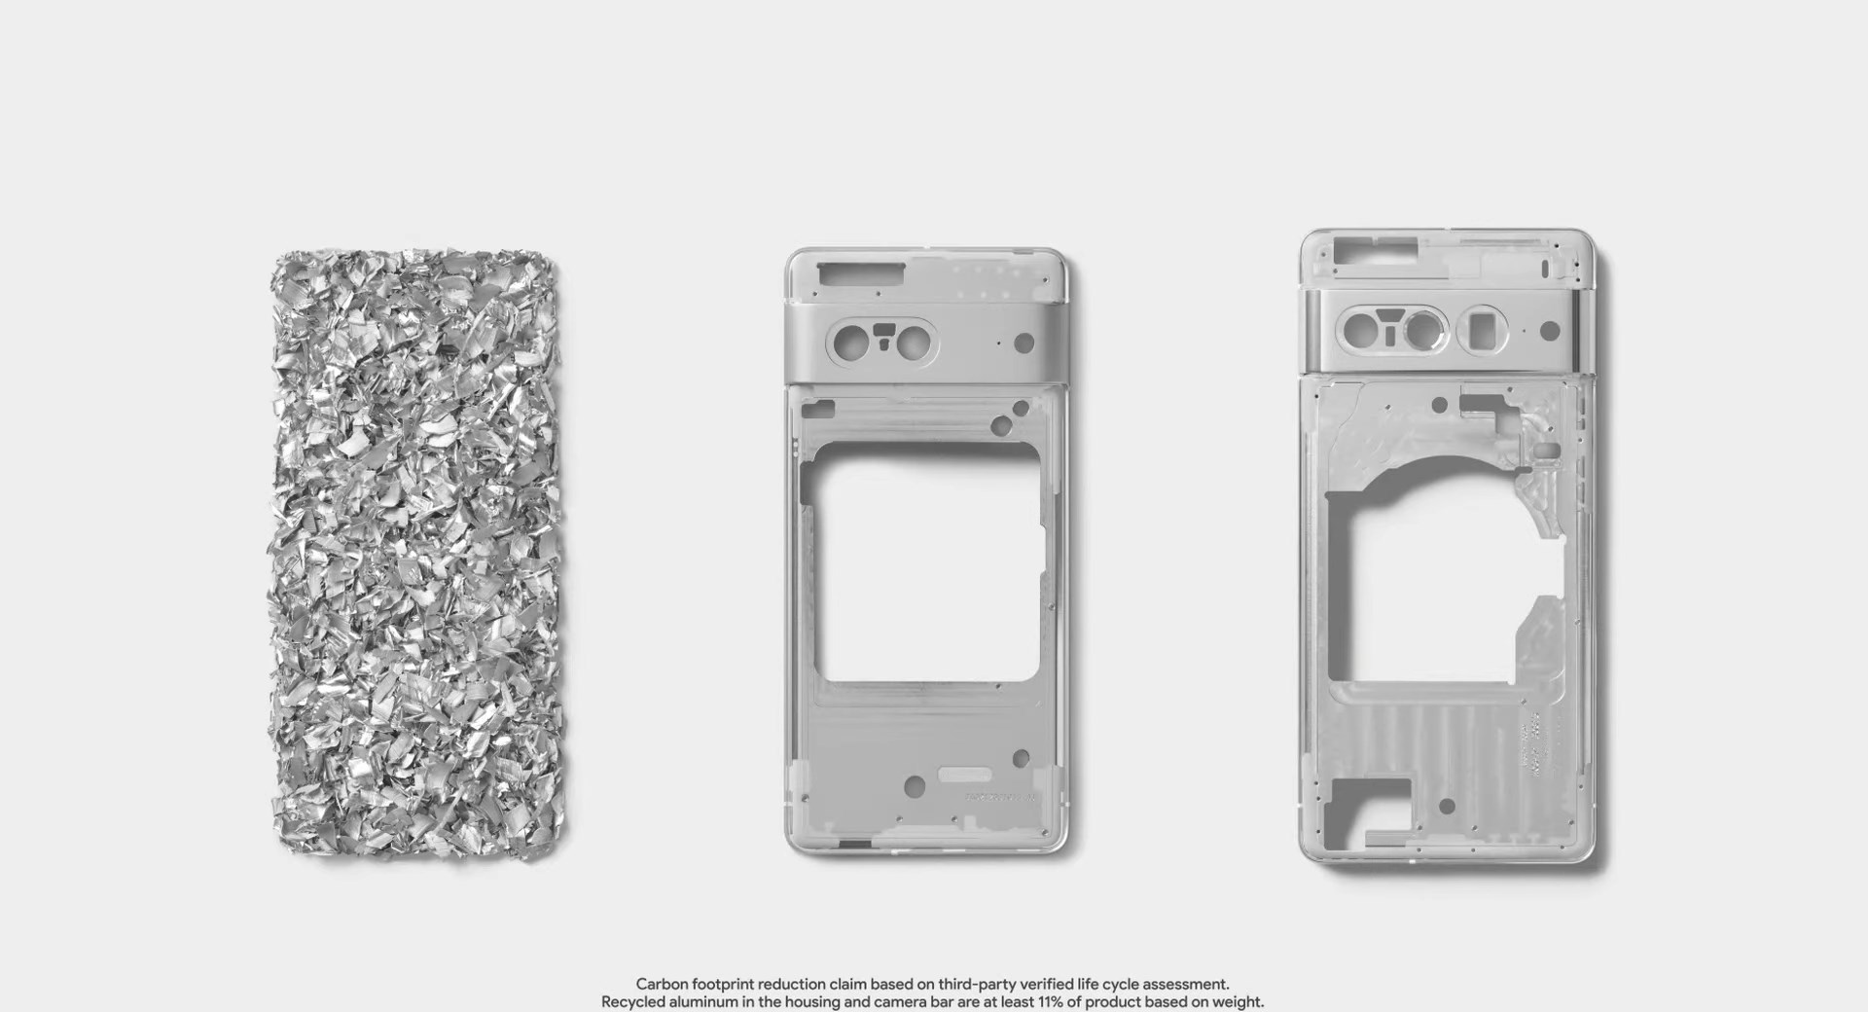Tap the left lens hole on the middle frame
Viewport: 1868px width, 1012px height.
click(x=844, y=343)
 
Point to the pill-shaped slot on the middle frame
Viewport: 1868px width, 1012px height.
click(x=964, y=776)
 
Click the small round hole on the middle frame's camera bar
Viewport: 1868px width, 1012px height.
click(x=1024, y=343)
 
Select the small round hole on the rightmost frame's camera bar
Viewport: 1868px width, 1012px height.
click(x=1550, y=332)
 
